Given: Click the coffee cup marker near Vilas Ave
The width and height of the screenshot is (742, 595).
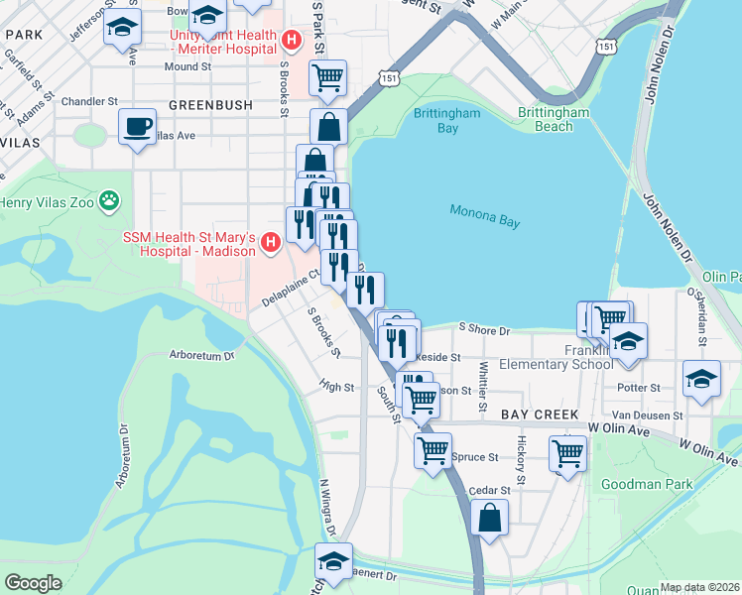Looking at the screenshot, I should pos(137,127).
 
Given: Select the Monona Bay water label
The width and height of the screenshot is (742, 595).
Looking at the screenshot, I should pos(484,215).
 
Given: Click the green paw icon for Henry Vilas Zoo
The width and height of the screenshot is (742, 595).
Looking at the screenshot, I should pos(109,203).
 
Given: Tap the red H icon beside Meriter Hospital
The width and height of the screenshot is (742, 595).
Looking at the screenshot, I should pos(291,41).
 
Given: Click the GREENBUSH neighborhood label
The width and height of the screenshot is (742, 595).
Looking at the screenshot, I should pos(207,104).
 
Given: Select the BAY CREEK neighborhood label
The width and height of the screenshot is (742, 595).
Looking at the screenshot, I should pos(537,413).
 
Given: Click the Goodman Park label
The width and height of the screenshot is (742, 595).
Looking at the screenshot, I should pos(641,486).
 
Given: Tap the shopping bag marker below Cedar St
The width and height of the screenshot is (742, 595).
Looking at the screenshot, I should pos(490,517).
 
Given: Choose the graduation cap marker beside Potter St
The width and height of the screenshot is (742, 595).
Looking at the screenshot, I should pos(701,379).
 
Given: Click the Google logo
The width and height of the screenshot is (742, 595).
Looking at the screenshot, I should pos(33,582).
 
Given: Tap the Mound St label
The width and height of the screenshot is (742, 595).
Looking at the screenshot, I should pos(187,66).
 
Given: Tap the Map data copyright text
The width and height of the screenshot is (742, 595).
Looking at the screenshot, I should pos(700,587).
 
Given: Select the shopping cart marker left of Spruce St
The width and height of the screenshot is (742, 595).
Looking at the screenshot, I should pos(433,450).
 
